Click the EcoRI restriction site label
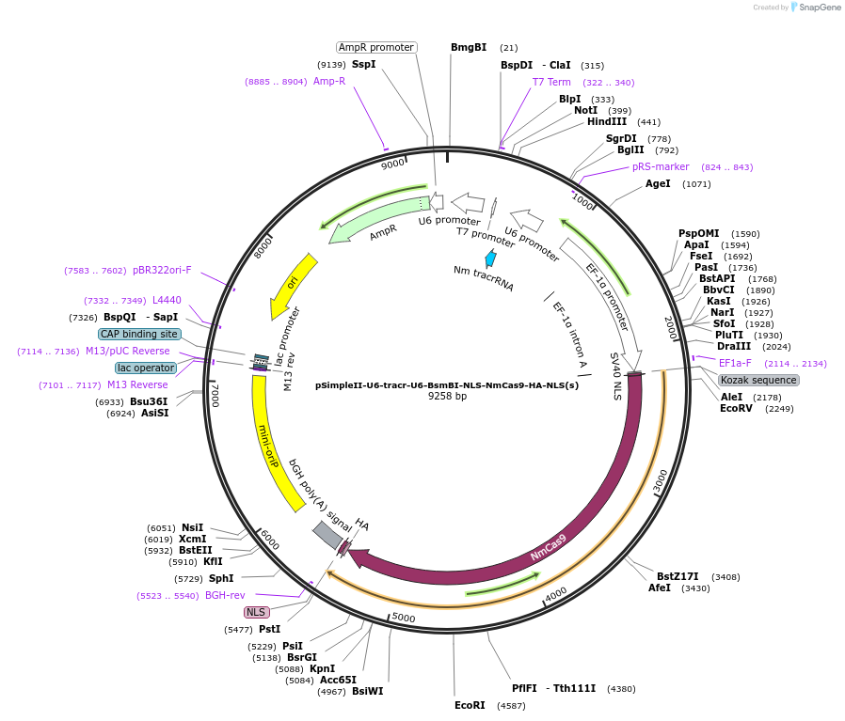pyautogui.click(x=470, y=704)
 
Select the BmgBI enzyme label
pyautogui.click(x=469, y=47)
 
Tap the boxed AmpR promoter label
pyautogui.click(x=376, y=47)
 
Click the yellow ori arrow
pyautogui.click(x=294, y=283)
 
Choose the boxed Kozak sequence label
pyautogui.click(x=758, y=380)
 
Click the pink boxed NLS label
pyautogui.click(x=257, y=612)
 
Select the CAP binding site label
pyautogui.click(x=138, y=334)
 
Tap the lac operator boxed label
pyautogui.click(x=146, y=368)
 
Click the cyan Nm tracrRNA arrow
pyautogui.click(x=490, y=259)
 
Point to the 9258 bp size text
pyautogui.click(x=447, y=397)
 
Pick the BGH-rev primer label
pyautogui.click(x=225, y=595)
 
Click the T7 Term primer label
pyautogui.click(x=551, y=82)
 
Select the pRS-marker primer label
pyautogui.click(x=660, y=166)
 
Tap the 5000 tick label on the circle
pyautogui.click(x=404, y=618)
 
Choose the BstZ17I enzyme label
pyautogui.click(x=678, y=576)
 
